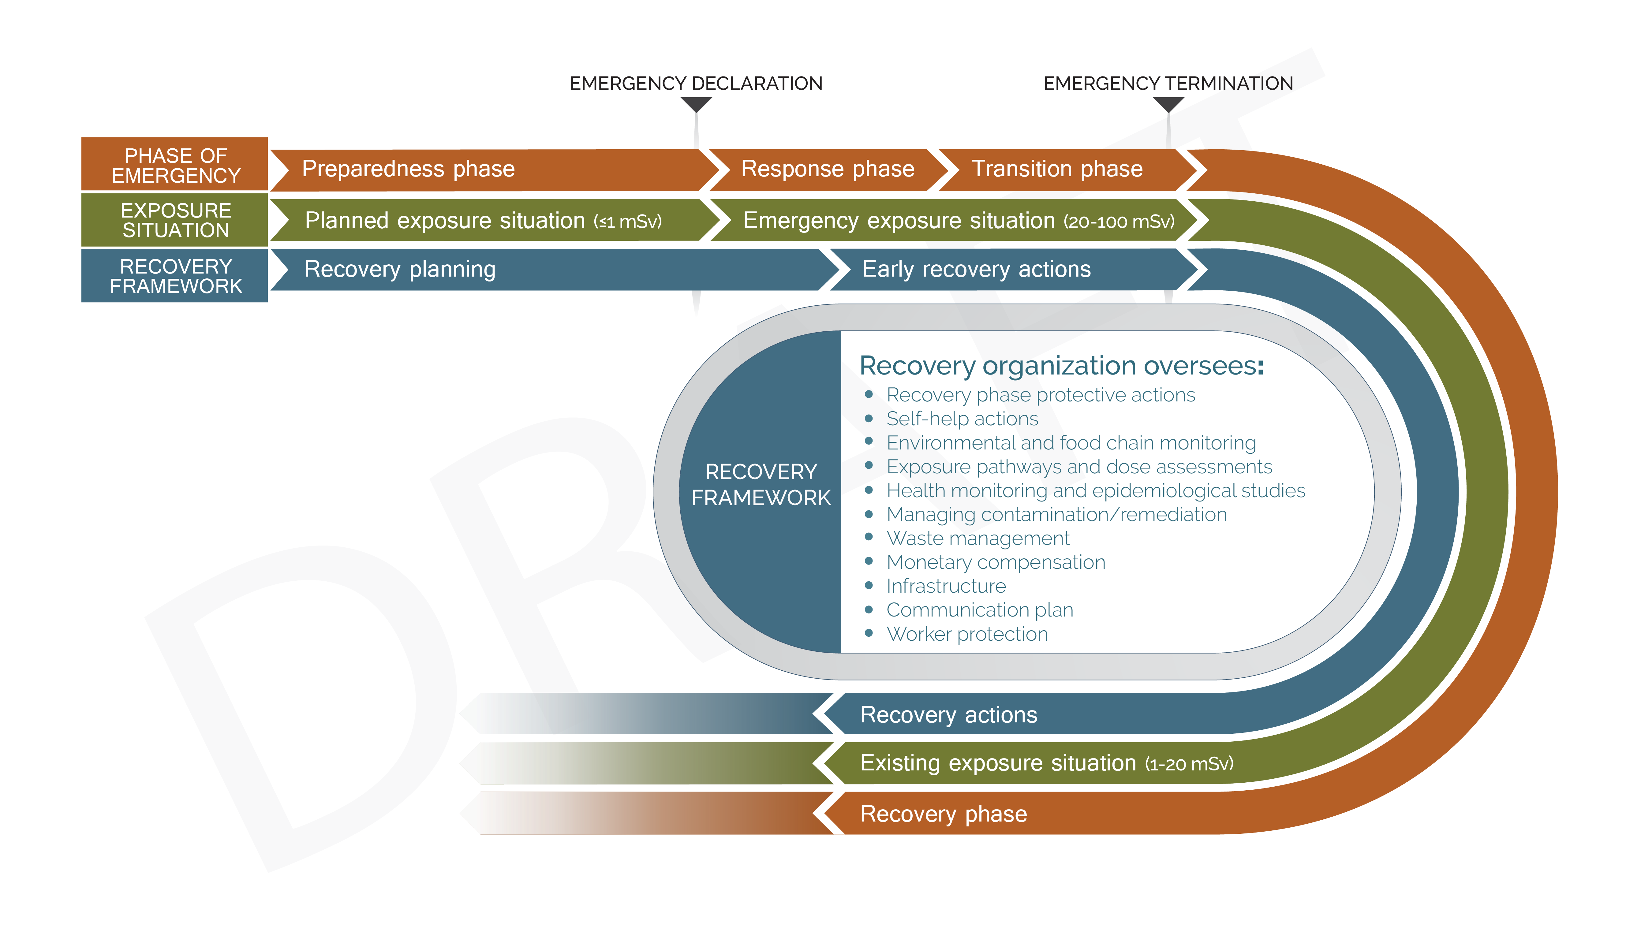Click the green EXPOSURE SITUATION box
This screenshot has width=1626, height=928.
click(175, 220)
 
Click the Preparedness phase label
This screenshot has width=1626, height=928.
click(408, 169)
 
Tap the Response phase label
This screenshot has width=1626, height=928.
click(827, 169)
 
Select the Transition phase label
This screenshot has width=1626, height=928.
click(1057, 169)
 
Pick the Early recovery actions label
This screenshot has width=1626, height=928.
click(976, 269)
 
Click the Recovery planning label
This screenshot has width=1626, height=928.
click(400, 269)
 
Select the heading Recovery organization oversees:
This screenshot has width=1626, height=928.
click(1061, 366)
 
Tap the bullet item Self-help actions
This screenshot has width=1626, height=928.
click(962, 419)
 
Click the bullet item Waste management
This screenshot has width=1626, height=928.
click(978, 539)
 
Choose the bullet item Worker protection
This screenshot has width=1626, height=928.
click(967, 634)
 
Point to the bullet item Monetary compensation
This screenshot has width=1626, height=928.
click(996, 562)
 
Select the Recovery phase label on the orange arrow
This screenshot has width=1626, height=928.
click(943, 814)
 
